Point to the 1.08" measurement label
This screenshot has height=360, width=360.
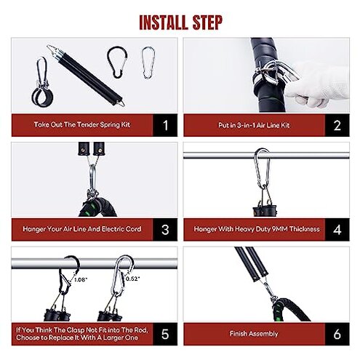(x=81, y=279)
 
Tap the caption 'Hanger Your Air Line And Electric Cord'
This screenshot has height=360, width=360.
(x=82, y=228)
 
